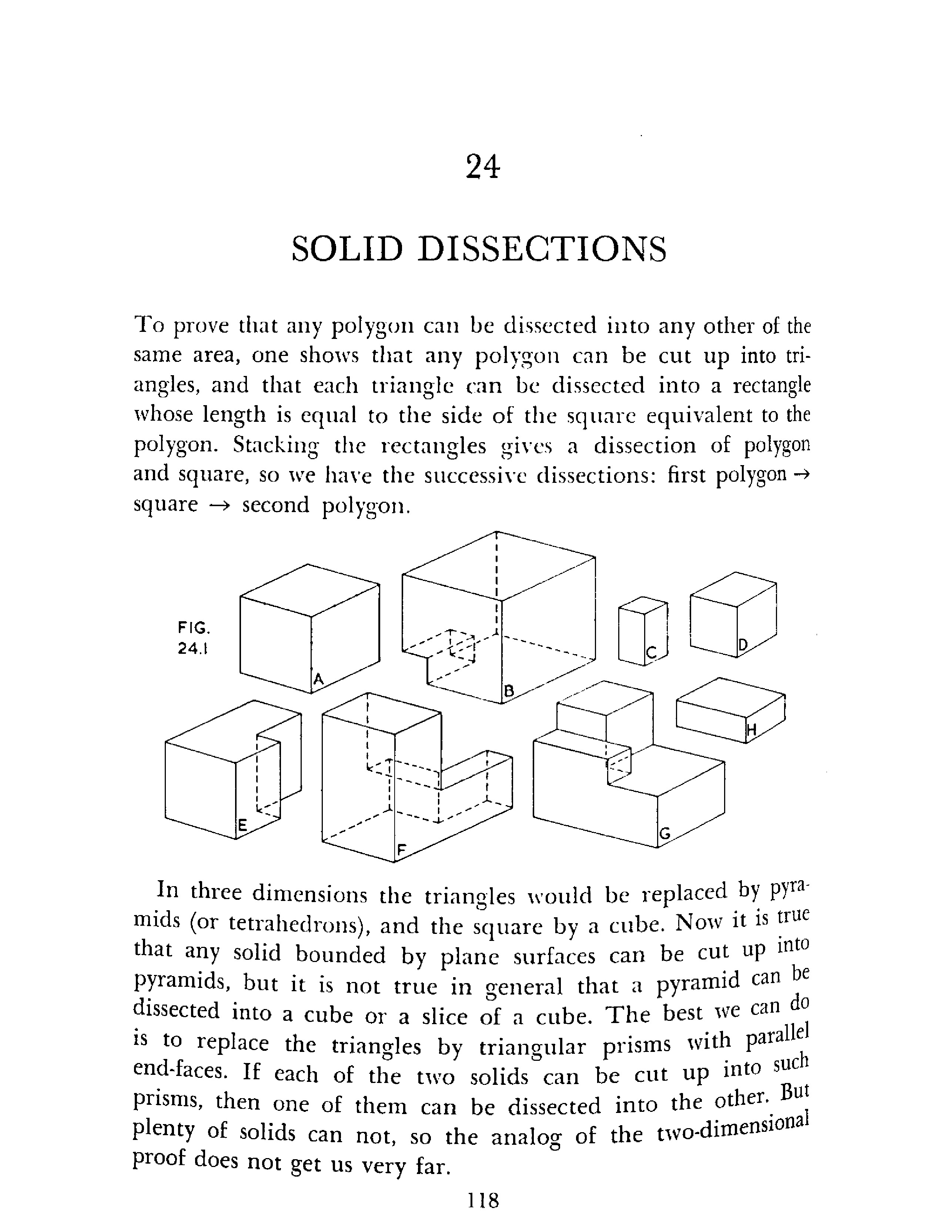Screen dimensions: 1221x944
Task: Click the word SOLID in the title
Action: [x=347, y=249]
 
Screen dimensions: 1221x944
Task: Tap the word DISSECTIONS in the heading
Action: [x=542, y=249]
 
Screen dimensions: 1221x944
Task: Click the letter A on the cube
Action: [x=318, y=679]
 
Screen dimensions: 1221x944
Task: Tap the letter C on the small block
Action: [x=651, y=652]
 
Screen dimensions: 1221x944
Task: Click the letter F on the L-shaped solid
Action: [x=401, y=850]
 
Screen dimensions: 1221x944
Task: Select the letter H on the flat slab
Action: [x=751, y=730]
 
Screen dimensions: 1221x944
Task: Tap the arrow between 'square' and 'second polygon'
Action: [x=220, y=505]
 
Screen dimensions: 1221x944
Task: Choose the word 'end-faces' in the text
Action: [x=180, y=1070]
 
